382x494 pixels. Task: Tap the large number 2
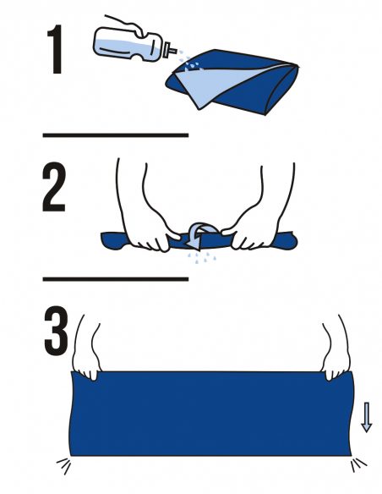click(54, 186)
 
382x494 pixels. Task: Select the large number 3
click(56, 331)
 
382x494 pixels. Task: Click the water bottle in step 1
click(132, 45)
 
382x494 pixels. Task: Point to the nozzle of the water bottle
click(172, 50)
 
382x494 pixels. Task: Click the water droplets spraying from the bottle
click(188, 63)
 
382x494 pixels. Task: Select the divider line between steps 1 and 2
click(116, 135)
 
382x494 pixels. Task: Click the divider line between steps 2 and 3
click(116, 279)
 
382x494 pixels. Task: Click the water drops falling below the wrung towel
click(202, 257)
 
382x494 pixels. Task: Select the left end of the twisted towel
click(112, 241)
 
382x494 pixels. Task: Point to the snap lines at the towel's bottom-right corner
click(358, 465)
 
